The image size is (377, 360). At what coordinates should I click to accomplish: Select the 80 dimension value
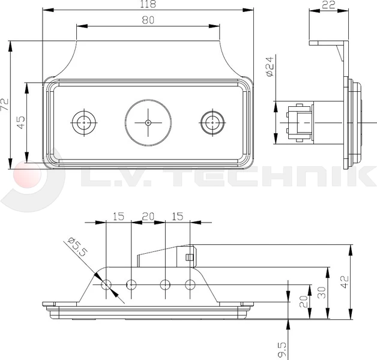coord(148,20)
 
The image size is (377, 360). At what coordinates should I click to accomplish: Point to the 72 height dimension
coord(5,105)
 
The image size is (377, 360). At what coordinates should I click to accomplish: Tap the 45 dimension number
coord(21,122)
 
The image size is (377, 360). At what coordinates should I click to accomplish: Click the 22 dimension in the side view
coord(328,5)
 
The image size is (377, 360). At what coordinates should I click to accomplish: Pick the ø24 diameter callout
coord(269,66)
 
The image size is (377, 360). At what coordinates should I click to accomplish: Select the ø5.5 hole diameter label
coord(76,247)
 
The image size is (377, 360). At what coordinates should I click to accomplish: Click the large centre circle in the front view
coord(148,122)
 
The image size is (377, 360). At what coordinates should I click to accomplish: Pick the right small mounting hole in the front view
coord(211,122)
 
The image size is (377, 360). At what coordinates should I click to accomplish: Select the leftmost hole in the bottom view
coord(106,284)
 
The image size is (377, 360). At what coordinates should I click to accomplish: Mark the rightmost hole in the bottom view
coord(190,284)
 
